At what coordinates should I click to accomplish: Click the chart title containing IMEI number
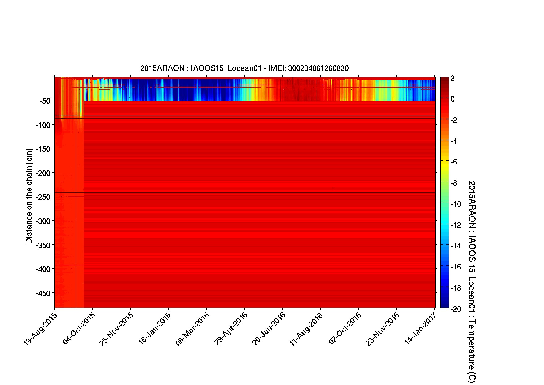pos(244,68)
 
